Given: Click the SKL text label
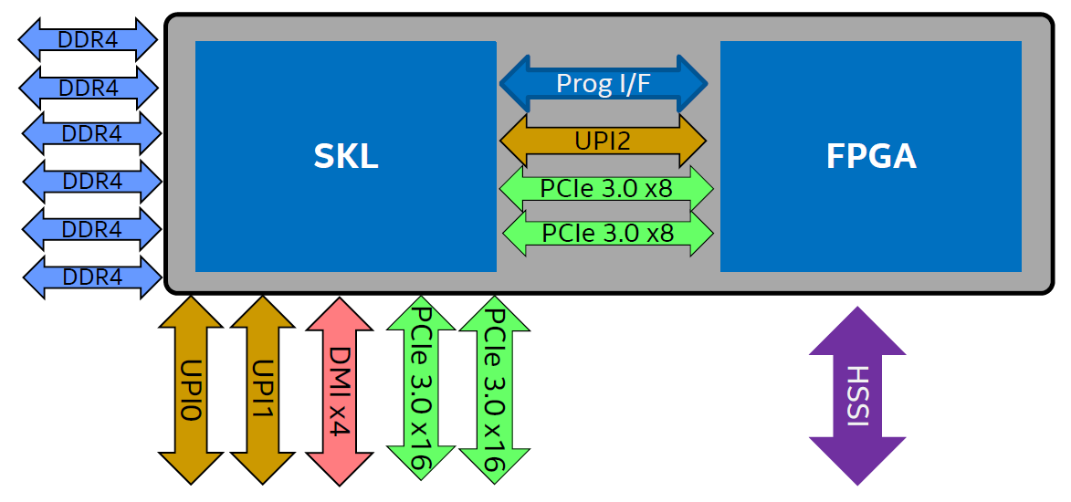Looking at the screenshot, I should [x=345, y=157].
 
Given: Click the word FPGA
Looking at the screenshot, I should [x=870, y=157].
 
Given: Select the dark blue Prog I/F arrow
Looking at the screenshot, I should [x=604, y=84].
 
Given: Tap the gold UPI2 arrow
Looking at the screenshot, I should [x=604, y=141].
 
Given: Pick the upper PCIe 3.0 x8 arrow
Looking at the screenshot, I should [x=606, y=188].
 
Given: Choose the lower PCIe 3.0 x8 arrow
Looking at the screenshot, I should [x=607, y=234].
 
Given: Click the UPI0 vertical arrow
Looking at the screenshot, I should [x=191, y=390].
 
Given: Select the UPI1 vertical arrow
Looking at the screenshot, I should [x=262, y=390].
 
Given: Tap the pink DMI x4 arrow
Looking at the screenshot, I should [x=339, y=390].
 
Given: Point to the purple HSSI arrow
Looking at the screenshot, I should [x=856, y=395].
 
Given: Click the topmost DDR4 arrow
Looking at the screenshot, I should [x=89, y=39].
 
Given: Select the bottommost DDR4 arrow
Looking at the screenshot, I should [x=91, y=276].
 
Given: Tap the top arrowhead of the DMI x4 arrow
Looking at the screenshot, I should [x=339, y=315].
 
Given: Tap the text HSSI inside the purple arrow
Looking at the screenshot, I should [x=856, y=395].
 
